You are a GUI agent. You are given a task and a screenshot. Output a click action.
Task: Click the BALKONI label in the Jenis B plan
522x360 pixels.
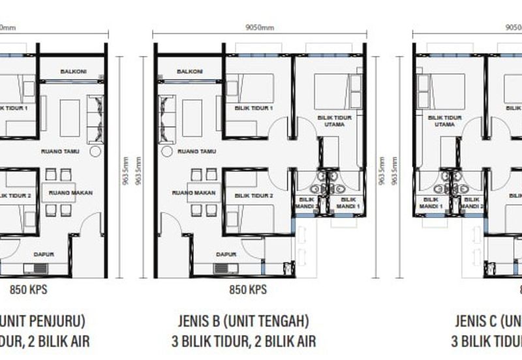pos(189,72)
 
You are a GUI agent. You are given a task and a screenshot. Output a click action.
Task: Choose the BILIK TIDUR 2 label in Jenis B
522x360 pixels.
pos(253,196)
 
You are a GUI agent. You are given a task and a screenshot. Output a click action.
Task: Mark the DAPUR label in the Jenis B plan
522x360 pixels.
pos(226,254)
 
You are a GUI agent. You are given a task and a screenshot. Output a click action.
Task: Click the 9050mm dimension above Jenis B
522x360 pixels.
pos(260,28)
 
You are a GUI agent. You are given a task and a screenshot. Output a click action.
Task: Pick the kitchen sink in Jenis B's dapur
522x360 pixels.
pos(225,268)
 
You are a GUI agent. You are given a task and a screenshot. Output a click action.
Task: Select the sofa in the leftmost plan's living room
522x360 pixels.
pos(95,119)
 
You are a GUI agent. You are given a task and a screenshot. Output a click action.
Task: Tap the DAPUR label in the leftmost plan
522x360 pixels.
pos(45,254)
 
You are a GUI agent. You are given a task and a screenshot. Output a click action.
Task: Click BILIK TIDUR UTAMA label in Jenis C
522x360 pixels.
pos(444,121)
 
